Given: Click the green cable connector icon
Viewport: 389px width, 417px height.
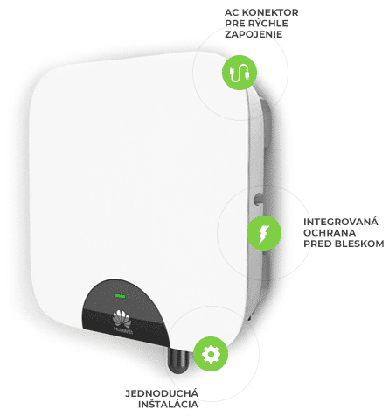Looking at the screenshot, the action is pos(240,73).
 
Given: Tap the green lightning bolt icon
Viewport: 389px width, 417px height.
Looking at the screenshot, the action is pos(264,233).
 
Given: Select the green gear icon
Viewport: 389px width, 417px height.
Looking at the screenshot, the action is pos(211,354).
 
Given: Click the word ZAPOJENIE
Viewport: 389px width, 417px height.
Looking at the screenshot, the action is pos(254,34).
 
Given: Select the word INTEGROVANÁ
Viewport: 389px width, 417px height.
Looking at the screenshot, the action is pos(341,222).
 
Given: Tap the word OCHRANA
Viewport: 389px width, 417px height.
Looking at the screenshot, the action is pos(330,233).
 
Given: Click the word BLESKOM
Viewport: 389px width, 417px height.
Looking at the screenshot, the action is pos(359,244).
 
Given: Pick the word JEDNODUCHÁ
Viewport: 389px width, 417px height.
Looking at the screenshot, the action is pos(162,392).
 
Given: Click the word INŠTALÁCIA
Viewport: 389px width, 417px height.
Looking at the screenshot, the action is pos(168,404).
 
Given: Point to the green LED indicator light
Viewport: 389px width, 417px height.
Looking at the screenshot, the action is pos(120,296).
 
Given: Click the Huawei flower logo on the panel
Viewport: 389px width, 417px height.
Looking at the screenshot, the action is pos(122,318).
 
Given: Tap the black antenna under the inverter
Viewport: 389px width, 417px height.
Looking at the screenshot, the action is pos(177,360).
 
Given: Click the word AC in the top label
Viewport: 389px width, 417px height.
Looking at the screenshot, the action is pos(232,12).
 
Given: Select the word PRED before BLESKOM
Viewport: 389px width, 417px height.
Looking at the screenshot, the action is pos(318,244).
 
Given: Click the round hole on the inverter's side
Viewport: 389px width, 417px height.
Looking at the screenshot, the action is pos(258,199).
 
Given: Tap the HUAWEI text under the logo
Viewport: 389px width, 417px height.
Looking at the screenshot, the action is pos(123,330).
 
